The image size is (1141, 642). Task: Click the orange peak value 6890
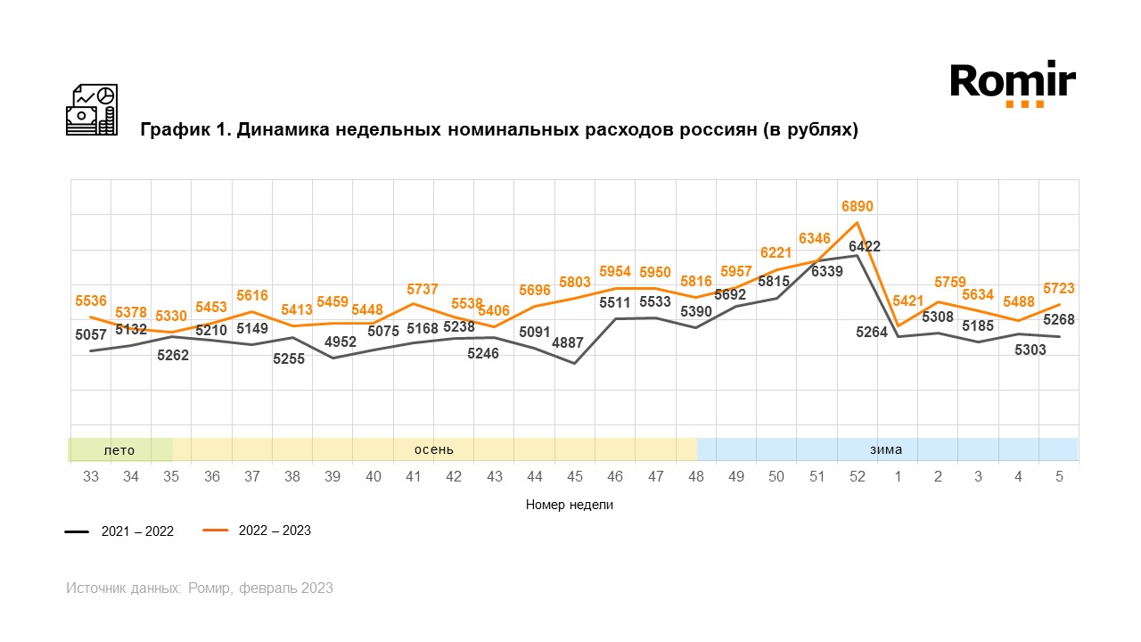(x=858, y=206)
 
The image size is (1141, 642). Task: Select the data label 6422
(x=865, y=246)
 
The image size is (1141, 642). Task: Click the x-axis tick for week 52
(x=858, y=477)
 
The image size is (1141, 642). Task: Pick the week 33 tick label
(x=90, y=477)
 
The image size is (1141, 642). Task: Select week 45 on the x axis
(x=574, y=477)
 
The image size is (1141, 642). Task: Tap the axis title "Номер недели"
(x=570, y=505)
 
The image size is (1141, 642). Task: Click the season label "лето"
(x=119, y=450)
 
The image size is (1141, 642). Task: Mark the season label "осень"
(x=434, y=450)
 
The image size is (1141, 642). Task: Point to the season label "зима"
(x=886, y=450)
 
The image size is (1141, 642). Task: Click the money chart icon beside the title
(x=92, y=110)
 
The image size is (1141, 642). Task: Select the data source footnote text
(x=200, y=588)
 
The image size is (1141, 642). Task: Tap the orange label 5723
(x=1059, y=289)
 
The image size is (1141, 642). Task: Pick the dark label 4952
(x=341, y=342)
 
